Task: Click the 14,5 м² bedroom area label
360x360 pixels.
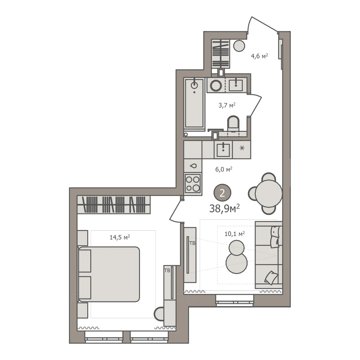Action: (120, 237)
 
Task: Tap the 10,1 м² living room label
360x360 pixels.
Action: (234, 234)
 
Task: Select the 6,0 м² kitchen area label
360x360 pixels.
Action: (224, 170)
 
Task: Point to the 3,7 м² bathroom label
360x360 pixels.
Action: (227, 105)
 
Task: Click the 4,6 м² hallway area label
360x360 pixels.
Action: (260, 56)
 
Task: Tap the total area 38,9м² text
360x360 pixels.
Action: (225, 208)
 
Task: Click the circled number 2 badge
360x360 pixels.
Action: (222, 193)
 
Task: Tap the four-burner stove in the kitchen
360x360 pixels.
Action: (193, 184)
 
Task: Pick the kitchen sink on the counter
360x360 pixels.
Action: (223, 149)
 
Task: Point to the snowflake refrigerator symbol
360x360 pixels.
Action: (242, 148)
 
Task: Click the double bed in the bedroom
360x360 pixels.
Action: (109, 274)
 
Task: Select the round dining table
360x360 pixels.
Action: (269, 193)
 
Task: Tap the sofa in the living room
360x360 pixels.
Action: (269, 255)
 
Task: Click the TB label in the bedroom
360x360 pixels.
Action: (167, 271)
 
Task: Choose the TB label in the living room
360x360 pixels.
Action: (192, 243)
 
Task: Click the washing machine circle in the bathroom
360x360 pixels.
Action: (216, 85)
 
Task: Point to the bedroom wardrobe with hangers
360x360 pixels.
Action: (114, 204)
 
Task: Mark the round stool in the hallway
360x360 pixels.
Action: (239, 46)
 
